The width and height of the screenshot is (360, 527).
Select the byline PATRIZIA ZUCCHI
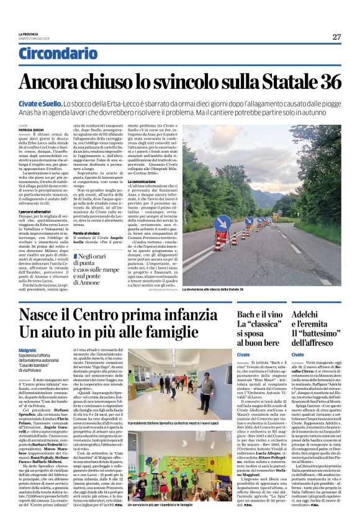tap(31, 112)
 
